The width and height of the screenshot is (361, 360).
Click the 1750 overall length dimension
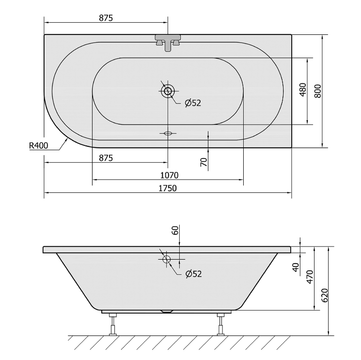pos(168,188)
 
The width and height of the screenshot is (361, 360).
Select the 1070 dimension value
pos(169,175)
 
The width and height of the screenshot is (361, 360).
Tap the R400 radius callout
pos(38,145)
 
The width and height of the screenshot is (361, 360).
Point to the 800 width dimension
pos(318,91)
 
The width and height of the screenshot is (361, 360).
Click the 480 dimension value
pos(303,90)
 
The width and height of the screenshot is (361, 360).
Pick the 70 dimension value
pos(204,162)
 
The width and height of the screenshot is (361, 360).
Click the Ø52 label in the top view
pos(193,103)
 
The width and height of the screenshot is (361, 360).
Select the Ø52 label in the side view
pos(194,274)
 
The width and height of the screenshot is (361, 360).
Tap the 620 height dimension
pos(324,295)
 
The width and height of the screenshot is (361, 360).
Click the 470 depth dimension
pos(310,277)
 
